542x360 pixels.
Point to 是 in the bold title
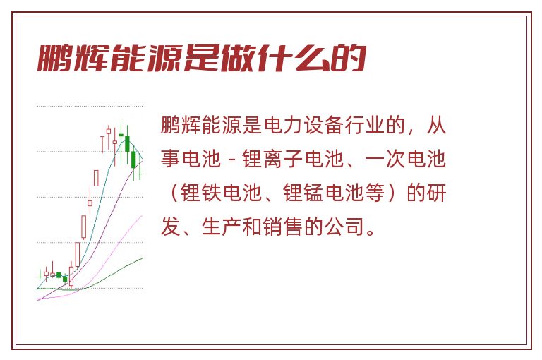click(x=202, y=59)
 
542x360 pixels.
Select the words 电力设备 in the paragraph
click(x=303, y=125)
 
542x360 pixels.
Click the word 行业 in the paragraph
click(x=365, y=125)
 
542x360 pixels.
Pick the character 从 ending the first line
click(x=436, y=125)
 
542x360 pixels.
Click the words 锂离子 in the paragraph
click(x=272, y=159)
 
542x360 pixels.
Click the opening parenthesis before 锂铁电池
click(x=174, y=193)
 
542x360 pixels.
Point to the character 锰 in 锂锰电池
click(x=314, y=193)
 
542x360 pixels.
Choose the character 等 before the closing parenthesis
click(x=375, y=193)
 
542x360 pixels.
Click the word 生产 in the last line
click(x=221, y=227)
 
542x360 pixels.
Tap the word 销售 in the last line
click(x=282, y=227)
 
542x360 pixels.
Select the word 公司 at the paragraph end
click(x=344, y=227)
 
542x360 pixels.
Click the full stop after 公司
click(x=371, y=232)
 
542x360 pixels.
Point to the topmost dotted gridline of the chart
click(x=90, y=106)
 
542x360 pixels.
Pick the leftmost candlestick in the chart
click(x=40, y=275)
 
